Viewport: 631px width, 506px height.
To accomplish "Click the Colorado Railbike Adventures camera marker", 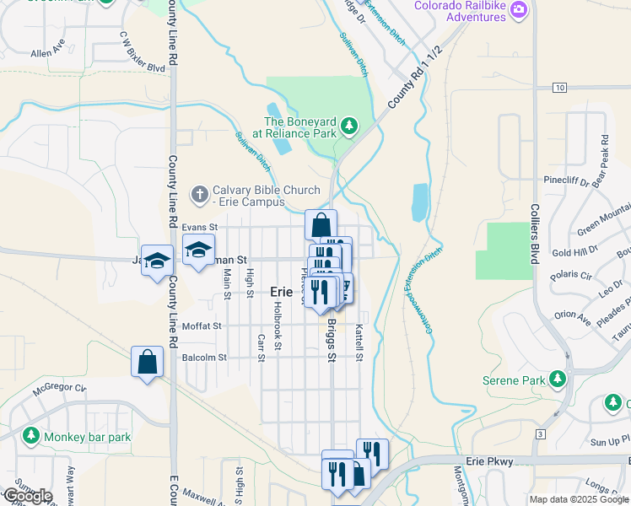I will coord(519,10).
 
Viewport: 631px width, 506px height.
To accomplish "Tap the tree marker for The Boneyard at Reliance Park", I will coord(348,127).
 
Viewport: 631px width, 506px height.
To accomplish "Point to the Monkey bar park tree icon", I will coord(31,436).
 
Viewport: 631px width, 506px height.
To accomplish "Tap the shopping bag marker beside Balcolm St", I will coord(148,362).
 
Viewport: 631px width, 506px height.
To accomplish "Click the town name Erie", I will coord(281,291).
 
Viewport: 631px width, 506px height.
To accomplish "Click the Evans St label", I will coord(200,227).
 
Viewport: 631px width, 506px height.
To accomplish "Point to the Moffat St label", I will coord(202,326).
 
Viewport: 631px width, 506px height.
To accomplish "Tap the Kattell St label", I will coord(359,343).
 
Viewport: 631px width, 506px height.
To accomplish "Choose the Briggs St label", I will coord(332,339).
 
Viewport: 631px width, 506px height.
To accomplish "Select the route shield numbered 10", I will coord(559,87).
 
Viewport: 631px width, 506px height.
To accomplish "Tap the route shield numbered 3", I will coord(540,433).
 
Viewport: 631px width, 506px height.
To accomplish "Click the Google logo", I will coord(27,496).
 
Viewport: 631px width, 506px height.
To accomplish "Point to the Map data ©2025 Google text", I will coord(578,499).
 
